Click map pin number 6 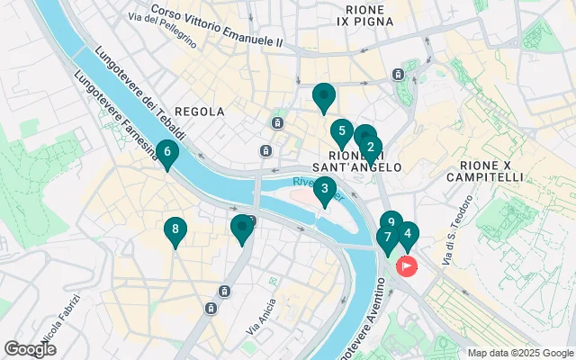click(x=167, y=154)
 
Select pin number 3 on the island click(x=325, y=189)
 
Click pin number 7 click(x=387, y=238)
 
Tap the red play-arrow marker click(x=407, y=266)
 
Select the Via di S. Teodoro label click(x=447, y=247)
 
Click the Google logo click(x=30, y=349)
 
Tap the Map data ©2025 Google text click(x=520, y=353)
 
